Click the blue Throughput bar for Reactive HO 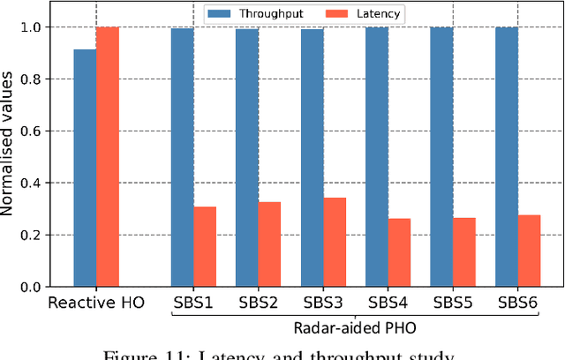tap(85, 168)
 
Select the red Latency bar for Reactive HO tap(108, 157)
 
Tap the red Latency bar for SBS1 tap(205, 247)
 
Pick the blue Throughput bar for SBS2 tap(247, 158)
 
